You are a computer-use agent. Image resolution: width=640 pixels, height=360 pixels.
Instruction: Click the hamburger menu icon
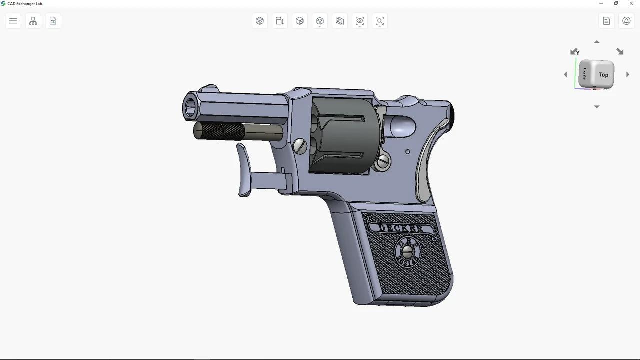[13, 21]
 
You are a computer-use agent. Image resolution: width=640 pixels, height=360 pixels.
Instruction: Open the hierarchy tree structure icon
[33, 21]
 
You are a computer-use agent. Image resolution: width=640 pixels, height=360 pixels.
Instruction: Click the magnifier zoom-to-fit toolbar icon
[380, 21]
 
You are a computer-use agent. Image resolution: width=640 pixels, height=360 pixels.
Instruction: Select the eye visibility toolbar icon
[360, 21]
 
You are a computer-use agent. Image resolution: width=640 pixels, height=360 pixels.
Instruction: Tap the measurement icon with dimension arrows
[280, 21]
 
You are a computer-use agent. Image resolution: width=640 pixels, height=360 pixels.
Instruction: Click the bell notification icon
[626, 21]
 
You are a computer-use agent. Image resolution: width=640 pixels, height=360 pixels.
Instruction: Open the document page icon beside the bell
[606, 21]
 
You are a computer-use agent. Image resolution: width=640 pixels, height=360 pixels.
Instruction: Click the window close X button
[631, 3]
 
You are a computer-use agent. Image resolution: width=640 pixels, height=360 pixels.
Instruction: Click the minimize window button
[601, 3]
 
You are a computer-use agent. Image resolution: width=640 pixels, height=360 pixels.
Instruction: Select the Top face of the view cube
[603, 75]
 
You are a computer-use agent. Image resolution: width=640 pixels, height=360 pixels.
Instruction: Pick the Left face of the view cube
[584, 74]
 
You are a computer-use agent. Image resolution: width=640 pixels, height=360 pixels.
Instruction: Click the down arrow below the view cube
[596, 107]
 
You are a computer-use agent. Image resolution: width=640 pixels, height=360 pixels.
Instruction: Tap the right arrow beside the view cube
[628, 74]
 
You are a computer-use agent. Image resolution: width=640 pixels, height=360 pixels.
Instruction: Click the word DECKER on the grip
[401, 229]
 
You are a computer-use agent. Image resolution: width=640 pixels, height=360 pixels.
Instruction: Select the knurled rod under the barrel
[220, 131]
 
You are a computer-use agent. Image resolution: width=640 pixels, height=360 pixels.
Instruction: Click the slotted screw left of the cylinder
[300, 146]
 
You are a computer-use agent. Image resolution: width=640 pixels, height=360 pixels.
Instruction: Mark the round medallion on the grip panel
[408, 252]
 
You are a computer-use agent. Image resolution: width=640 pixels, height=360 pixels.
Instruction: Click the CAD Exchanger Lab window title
[25, 4]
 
